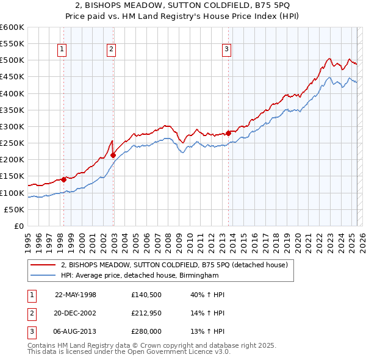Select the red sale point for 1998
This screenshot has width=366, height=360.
(63, 179)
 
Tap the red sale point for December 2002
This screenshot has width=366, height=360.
(113, 155)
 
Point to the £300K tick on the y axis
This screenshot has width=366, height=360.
(12, 126)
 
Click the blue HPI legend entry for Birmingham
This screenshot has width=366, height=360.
(139, 275)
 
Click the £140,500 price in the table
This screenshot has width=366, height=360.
(145, 295)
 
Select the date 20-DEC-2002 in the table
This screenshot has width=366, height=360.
(76, 313)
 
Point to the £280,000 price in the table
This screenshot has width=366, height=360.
(146, 331)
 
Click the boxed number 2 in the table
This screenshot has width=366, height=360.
(31, 313)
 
